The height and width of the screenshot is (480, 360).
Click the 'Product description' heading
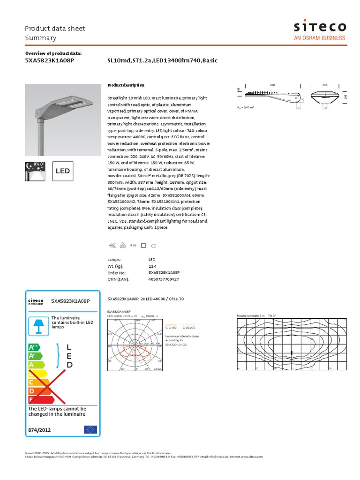pos(126,85)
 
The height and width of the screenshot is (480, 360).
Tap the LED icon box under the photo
pos(63,171)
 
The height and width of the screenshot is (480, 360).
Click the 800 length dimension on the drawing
pos(272,85)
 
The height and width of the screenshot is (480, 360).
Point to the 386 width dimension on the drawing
pos(325,85)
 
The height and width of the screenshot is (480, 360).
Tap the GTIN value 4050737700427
pos(164,279)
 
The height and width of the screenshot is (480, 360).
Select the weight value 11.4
pos(152,266)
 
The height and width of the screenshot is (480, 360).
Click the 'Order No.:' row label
pos(117,272)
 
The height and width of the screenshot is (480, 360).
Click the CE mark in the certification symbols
pos(154,245)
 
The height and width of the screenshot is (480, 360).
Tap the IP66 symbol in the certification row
pos(133,245)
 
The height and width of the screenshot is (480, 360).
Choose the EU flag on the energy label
pos(90,429)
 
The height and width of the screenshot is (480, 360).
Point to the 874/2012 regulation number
pos(39,430)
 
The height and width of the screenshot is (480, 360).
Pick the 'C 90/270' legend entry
pos(189,329)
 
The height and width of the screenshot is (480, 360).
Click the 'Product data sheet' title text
pos(55,29)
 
